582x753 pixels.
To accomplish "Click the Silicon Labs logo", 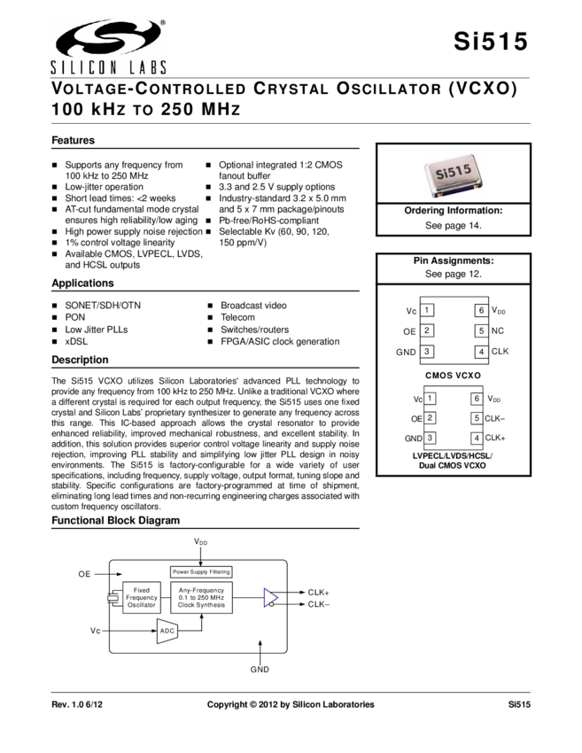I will pos(107,48).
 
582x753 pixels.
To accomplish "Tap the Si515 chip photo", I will pos(453,176).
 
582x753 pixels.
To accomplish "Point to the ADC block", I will pos(167,632).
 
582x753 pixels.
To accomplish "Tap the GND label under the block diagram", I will pos(260,670).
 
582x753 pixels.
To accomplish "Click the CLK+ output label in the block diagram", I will pos(318,592).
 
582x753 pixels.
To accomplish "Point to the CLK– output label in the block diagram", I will pos(318,604).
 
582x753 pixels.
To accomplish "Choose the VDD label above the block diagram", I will pos(201,540).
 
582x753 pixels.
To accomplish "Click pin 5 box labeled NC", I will pos(481,330).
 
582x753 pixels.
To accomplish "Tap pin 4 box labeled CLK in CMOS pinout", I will pos(481,352).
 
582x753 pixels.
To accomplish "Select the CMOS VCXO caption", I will pos(452,375).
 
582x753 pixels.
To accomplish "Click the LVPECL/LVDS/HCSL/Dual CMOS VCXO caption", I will pos(457,460).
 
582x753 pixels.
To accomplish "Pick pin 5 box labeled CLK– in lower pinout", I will pos(477,418).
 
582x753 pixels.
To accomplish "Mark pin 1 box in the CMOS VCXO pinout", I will pos(428,310).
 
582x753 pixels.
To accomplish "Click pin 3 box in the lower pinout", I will pos(430,439).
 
